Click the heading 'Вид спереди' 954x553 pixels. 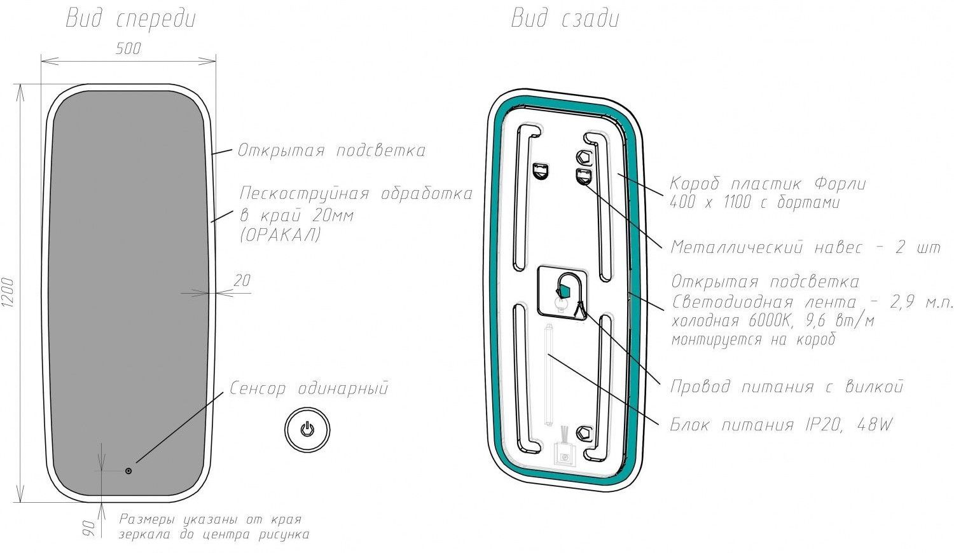(131, 20)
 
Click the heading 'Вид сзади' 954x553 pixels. (565, 20)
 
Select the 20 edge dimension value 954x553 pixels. (242, 280)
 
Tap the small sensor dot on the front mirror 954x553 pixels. (128, 471)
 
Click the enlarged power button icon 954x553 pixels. (307, 429)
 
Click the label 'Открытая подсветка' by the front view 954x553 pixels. (331, 151)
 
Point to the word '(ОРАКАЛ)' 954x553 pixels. (280, 235)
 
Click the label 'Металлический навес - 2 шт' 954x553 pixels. (805, 247)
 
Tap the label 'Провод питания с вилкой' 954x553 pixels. (787, 386)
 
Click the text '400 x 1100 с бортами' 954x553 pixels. (754, 203)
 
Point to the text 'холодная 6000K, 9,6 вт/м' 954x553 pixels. (772, 321)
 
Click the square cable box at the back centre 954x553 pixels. (562, 290)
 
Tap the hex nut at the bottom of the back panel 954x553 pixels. (583, 432)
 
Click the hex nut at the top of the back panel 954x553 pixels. (583, 157)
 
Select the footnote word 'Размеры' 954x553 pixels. (143, 519)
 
